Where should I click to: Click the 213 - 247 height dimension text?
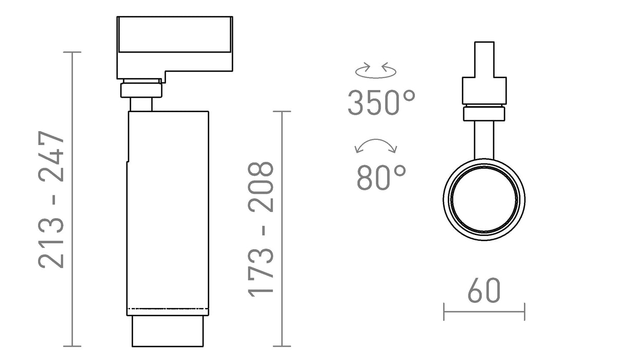(51, 200)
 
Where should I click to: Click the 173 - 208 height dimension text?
(261, 229)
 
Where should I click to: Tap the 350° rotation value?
(382, 102)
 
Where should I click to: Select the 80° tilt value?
(382, 177)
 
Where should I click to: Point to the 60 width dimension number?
(484, 290)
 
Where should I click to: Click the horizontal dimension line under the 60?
(484, 312)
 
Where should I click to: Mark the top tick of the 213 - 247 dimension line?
(72, 52)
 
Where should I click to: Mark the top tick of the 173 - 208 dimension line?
(282, 112)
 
